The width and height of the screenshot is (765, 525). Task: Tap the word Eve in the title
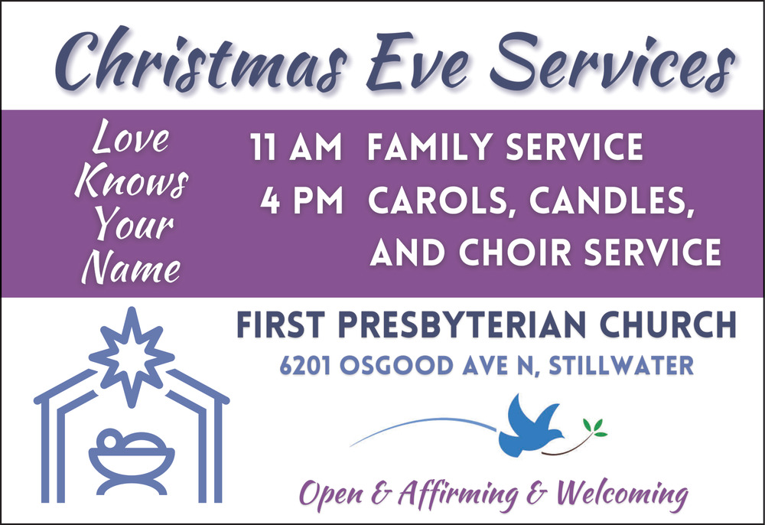[x=418, y=61]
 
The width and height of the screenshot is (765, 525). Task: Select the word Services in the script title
[x=612, y=61]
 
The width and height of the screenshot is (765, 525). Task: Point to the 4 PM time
[x=301, y=200]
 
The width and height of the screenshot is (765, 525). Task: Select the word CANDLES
[x=612, y=201]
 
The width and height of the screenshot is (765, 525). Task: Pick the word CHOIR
[x=515, y=253]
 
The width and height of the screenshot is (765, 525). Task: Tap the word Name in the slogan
[x=131, y=266]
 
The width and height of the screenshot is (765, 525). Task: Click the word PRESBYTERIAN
[x=461, y=324]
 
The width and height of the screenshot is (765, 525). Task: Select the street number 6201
[x=305, y=366]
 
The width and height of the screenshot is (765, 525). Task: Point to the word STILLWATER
[x=621, y=366]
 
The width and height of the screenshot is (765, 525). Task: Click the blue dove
[x=531, y=426]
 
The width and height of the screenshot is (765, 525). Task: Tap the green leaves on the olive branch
[x=595, y=427]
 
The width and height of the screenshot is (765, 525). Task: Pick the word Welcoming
[x=622, y=494]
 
